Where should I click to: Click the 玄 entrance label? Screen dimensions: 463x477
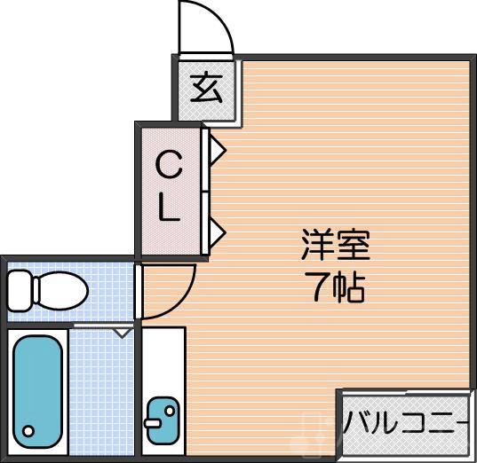(206, 89)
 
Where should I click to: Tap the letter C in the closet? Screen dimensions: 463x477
(169, 165)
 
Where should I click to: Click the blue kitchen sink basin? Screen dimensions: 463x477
(163, 420)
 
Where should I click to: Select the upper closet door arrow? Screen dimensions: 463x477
(217, 149)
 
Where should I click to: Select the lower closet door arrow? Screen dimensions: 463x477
(217, 232)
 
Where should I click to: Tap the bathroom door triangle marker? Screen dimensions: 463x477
(122, 332)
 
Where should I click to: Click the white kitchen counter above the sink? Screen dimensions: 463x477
(163, 359)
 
